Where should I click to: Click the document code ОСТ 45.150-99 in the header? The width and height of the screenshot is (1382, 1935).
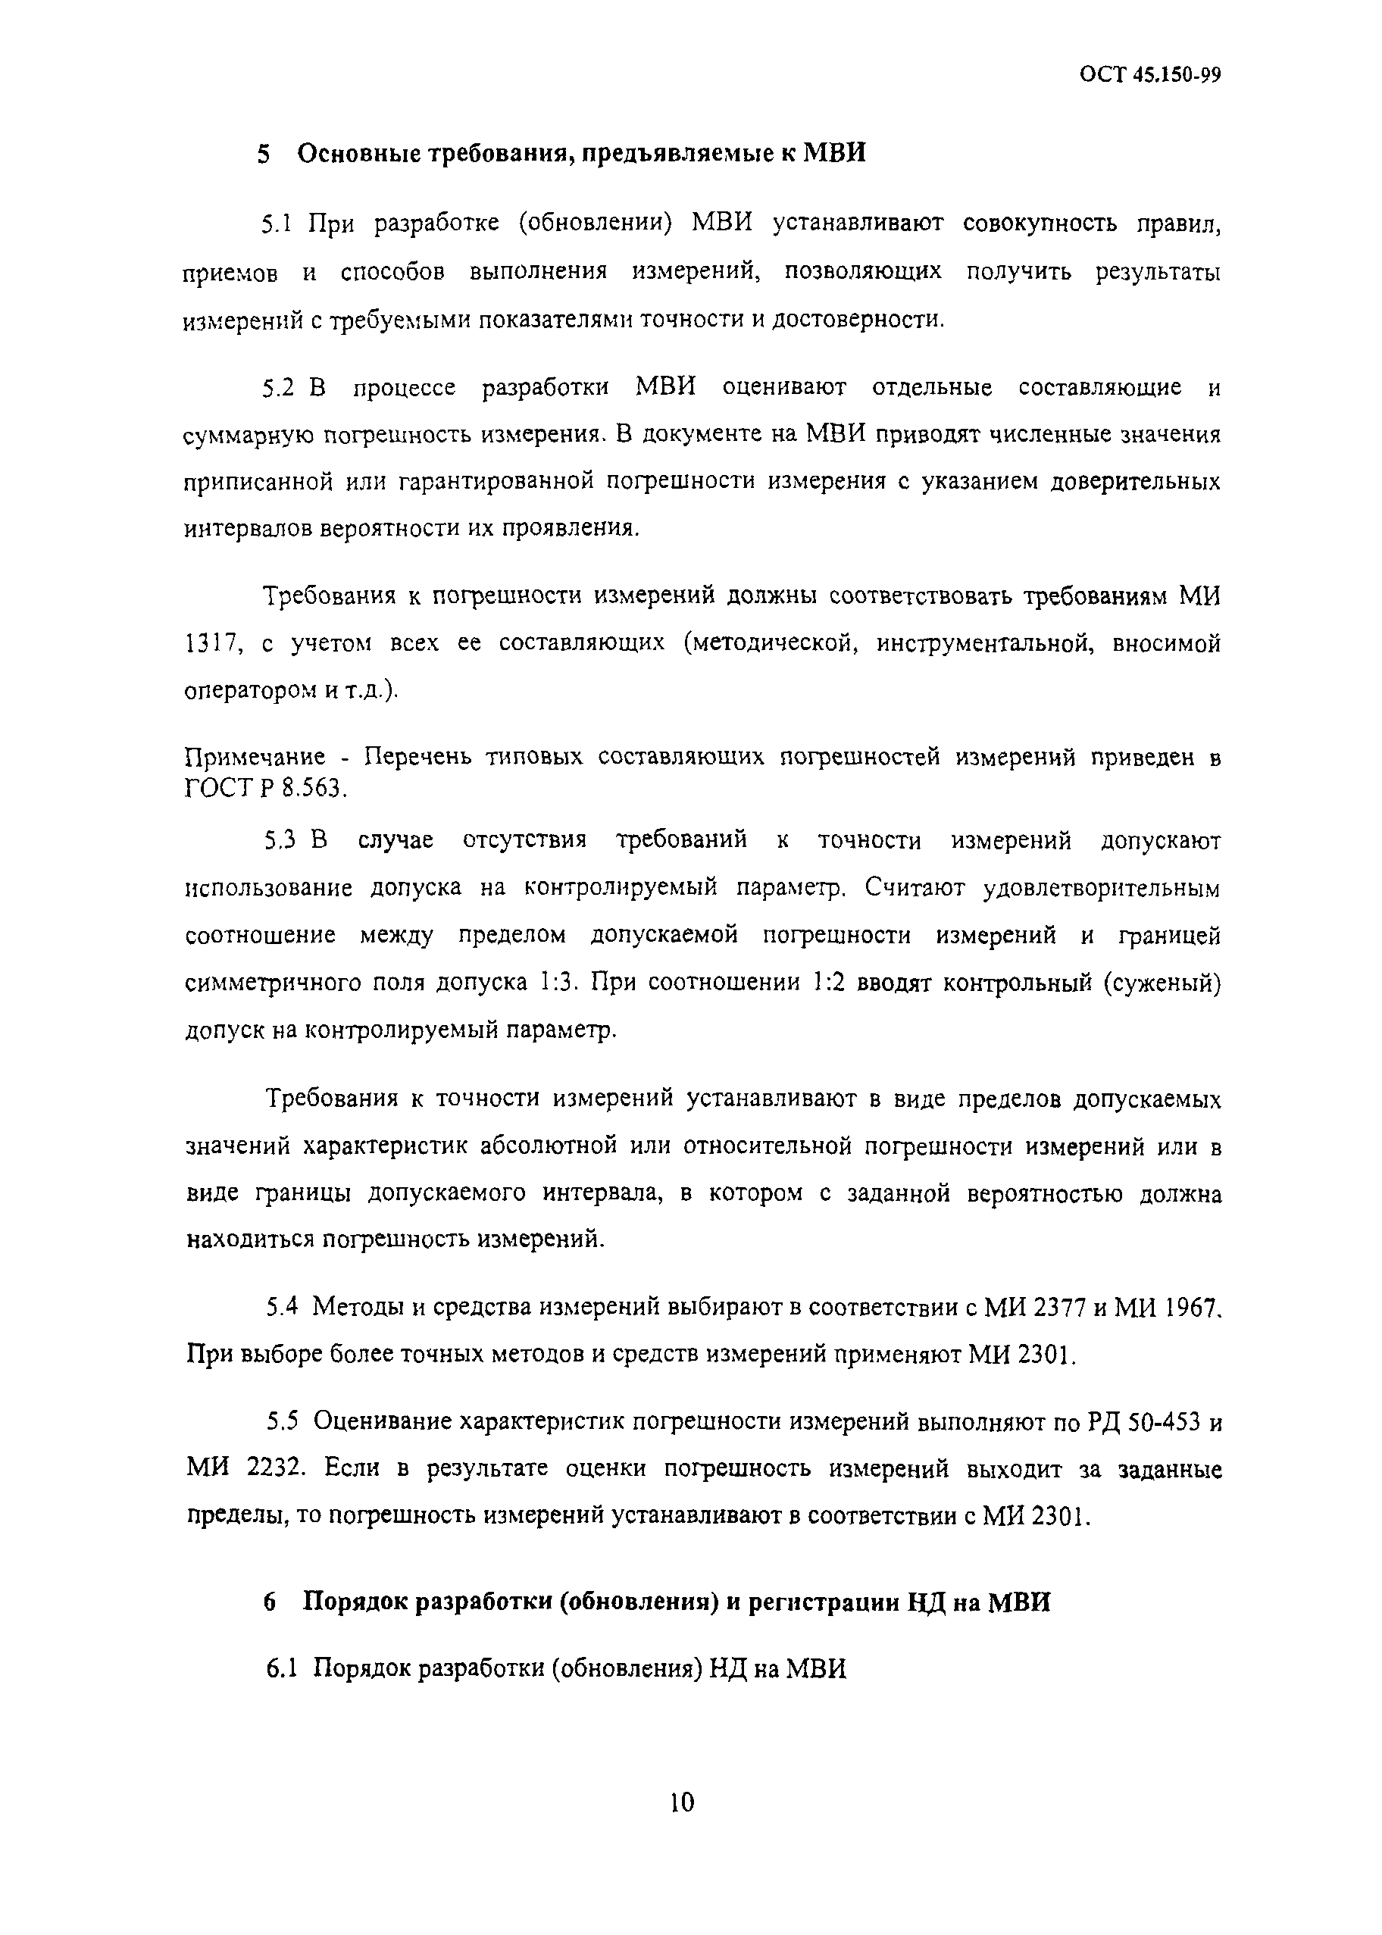click(1151, 76)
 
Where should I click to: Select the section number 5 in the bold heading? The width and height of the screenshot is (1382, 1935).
click(264, 154)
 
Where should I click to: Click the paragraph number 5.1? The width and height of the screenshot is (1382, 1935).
click(277, 225)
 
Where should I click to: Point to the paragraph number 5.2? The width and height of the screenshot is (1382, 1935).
click(277, 388)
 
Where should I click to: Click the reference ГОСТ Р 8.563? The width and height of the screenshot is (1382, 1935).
click(265, 789)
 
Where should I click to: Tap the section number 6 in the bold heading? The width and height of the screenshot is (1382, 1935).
click(270, 1602)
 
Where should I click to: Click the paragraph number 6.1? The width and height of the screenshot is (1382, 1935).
click(281, 1668)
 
